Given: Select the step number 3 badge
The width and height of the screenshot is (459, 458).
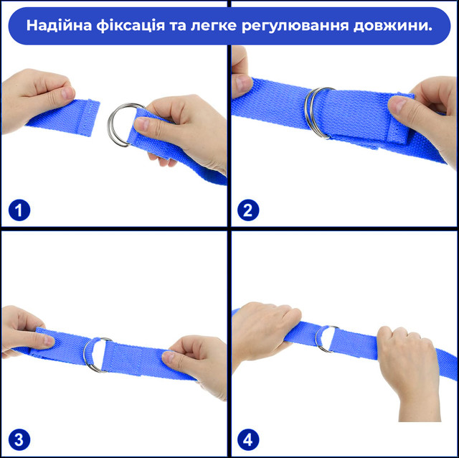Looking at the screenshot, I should point(19,439).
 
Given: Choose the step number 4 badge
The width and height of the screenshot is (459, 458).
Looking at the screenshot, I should point(248,439).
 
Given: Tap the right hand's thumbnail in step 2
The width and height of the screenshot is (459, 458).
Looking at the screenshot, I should point(396,106).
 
